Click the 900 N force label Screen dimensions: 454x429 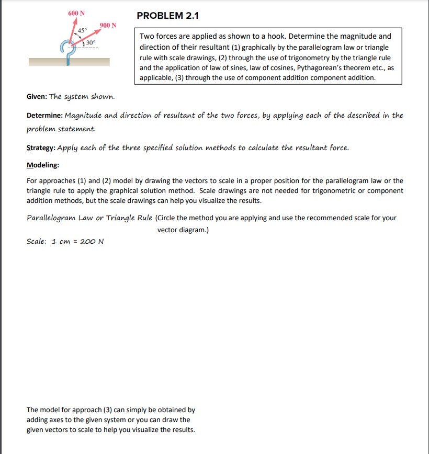[x=108, y=26]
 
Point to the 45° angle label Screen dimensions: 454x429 [x=82, y=30]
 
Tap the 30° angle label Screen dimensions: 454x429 [x=91, y=42]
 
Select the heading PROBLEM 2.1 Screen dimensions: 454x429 [x=167, y=16]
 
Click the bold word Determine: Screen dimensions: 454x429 [x=44, y=115]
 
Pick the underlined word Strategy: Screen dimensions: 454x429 [x=41, y=147]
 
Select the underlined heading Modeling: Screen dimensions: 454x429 [x=43, y=165]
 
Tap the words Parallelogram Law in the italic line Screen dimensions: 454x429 [x=58, y=218]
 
